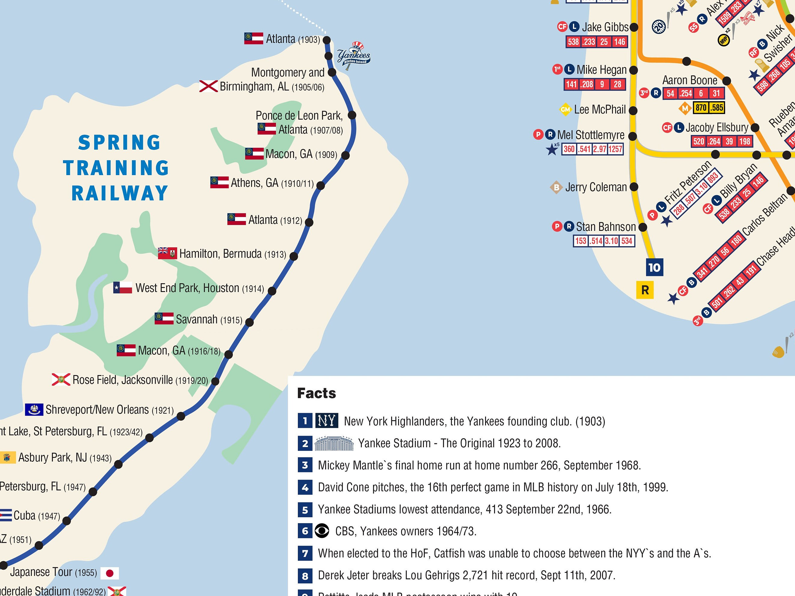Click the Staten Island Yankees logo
354,55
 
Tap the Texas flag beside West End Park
123,288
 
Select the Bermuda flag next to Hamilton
167,253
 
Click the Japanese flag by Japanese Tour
109,573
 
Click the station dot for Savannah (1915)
249,322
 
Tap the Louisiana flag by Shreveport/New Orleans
34,409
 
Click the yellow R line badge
645,290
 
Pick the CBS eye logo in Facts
322,531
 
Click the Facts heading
316,393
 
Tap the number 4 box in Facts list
305,487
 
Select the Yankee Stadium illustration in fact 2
334,443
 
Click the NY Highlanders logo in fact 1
326,420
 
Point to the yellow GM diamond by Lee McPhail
565,109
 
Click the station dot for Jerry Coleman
634,187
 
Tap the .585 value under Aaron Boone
717,107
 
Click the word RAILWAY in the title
120,193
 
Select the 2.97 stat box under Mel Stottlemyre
599,149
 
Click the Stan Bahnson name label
606,227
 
